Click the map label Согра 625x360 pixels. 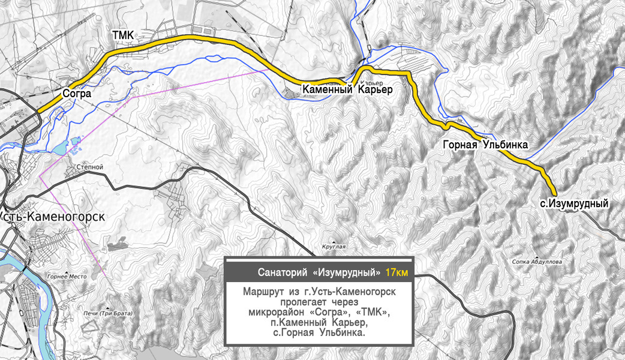coord(77,94)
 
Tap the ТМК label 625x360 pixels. coord(126,36)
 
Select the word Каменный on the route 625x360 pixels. coord(327,90)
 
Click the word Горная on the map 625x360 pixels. coord(460,145)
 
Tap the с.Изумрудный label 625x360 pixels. coord(574,204)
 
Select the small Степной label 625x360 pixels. coord(91,167)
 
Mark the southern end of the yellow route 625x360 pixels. coord(555,193)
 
